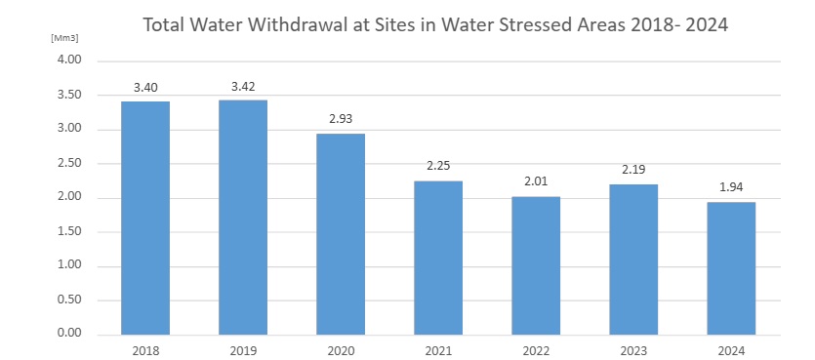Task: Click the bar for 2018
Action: [x=145, y=218]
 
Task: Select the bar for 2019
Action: [x=243, y=217]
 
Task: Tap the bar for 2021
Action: [x=438, y=258]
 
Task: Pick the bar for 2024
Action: [x=731, y=268]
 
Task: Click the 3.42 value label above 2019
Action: [x=243, y=87]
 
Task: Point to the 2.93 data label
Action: [x=341, y=120]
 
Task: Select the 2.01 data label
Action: [x=536, y=182]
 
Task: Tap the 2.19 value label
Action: [x=633, y=171]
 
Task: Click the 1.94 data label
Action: [x=731, y=187]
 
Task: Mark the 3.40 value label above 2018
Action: [x=145, y=88]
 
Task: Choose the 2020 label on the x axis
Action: [x=341, y=349]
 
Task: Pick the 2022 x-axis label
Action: [x=536, y=349]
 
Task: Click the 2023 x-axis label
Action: [x=633, y=349]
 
